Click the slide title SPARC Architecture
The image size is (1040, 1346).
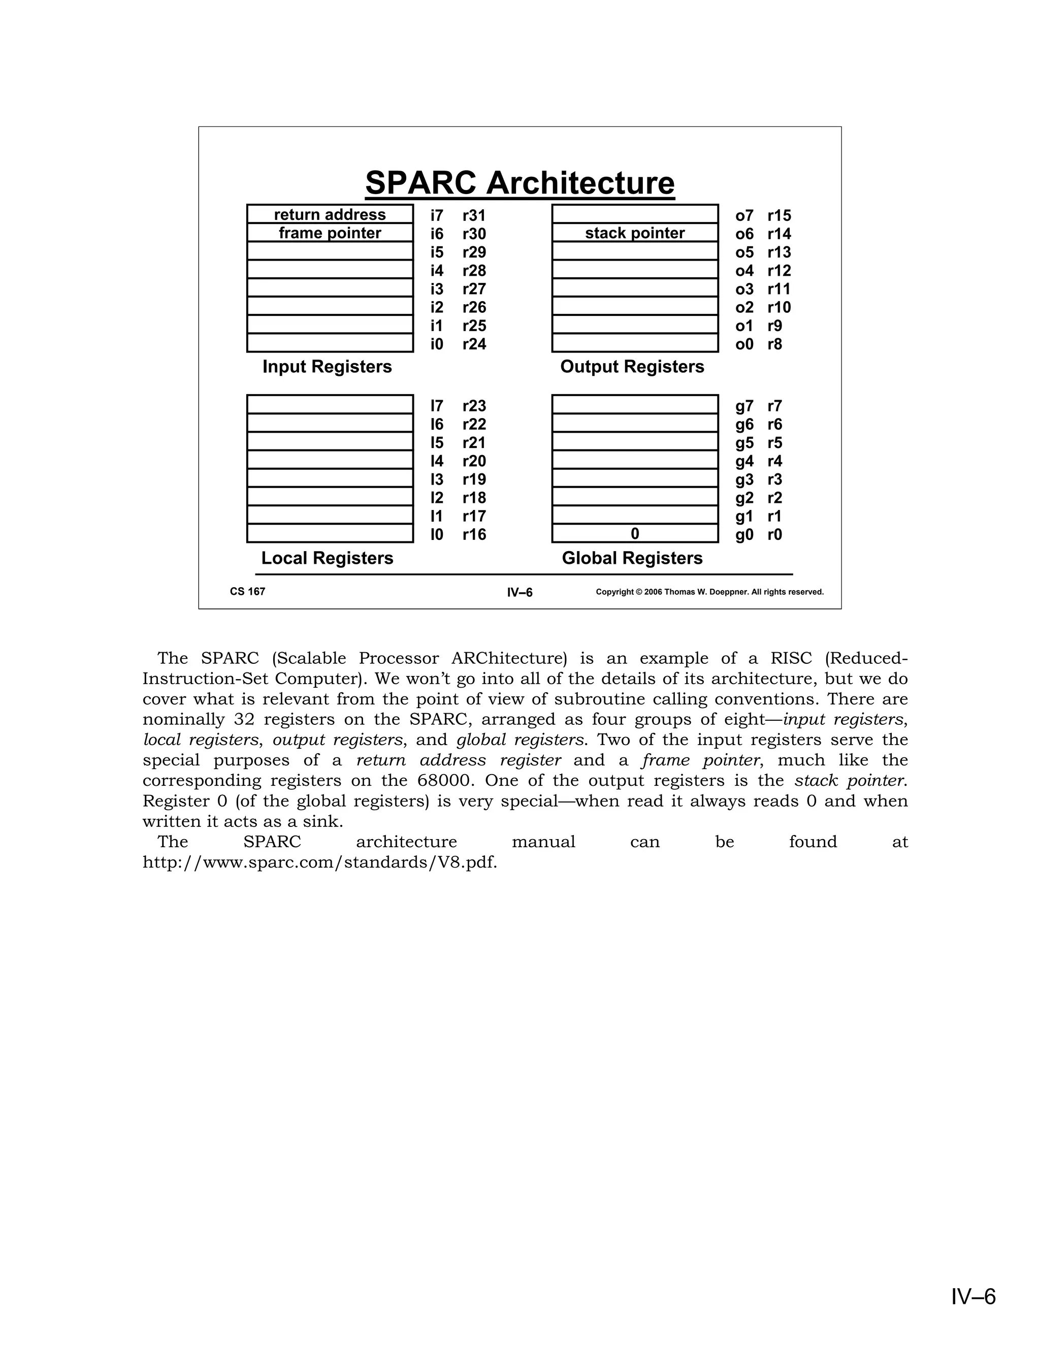519,183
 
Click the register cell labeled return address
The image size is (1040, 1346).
330,214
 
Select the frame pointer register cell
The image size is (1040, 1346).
330,233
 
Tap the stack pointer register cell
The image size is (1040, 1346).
635,233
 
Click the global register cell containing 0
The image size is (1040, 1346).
635,534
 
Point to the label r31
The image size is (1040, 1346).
474,216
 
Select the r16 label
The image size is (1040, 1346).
474,535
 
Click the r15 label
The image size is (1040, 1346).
779,216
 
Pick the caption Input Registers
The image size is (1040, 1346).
327,367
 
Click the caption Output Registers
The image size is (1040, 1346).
632,367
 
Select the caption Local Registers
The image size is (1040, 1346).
327,558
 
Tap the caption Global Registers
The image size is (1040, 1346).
632,558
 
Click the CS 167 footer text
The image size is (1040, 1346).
248,592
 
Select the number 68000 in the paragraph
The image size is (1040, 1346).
444,781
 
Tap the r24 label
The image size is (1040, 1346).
474,344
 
